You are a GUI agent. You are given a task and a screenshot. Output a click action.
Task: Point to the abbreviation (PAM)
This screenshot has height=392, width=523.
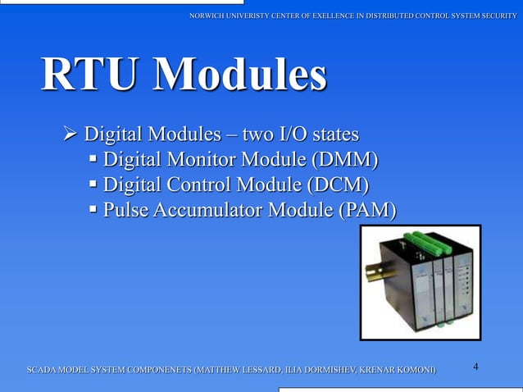point(368,211)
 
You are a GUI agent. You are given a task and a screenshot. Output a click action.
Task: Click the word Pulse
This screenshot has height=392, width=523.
point(125,211)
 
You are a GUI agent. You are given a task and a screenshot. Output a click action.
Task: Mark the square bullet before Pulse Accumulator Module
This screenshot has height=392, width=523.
point(94,211)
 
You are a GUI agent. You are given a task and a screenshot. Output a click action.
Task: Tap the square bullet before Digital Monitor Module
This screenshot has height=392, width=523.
point(94,159)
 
